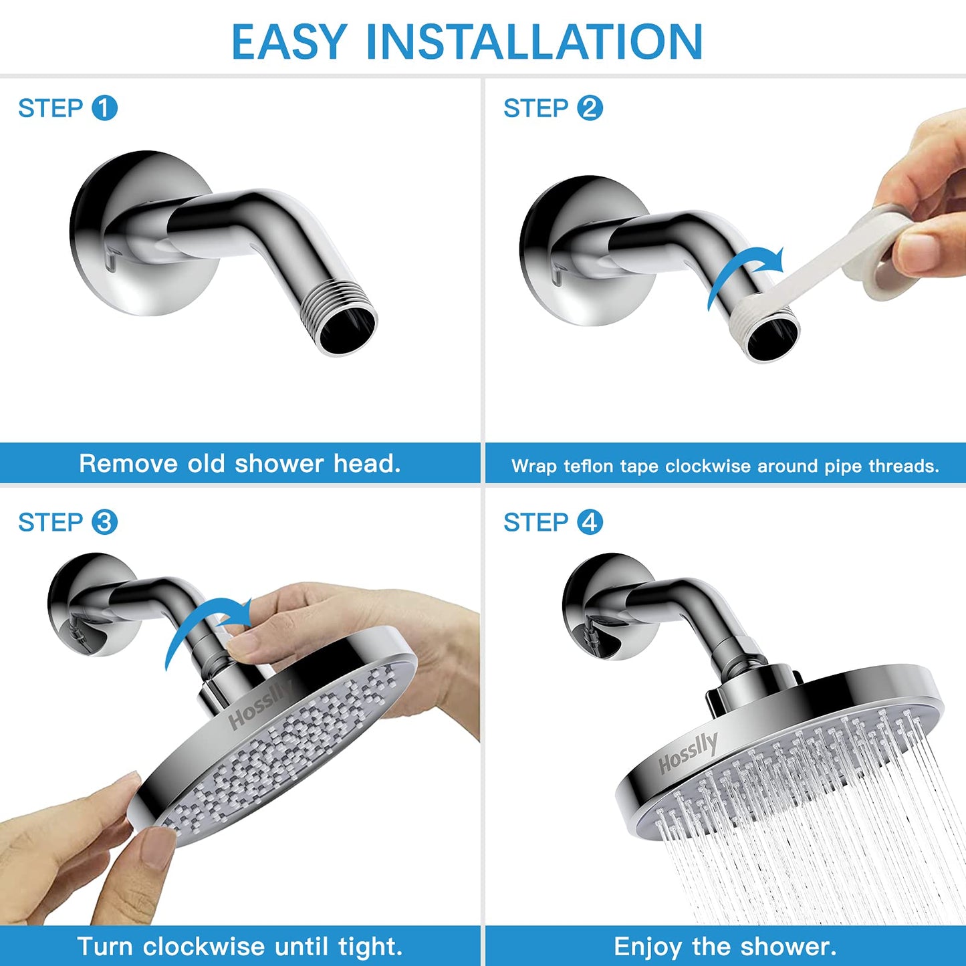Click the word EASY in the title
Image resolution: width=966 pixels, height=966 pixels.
[x=289, y=41]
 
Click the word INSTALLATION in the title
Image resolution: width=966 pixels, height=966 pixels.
[x=534, y=41]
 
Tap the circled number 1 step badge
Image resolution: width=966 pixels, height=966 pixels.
[x=104, y=108]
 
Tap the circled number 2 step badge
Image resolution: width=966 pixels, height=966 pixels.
[x=590, y=108]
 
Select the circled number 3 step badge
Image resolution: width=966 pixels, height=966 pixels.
[x=104, y=522]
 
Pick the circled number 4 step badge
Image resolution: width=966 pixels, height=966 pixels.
[x=590, y=522]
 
